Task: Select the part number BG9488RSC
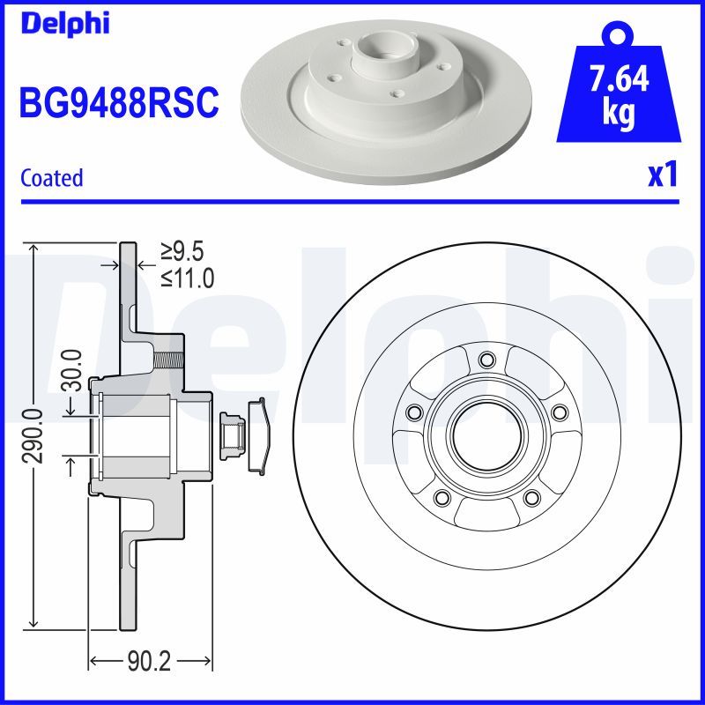(118, 102)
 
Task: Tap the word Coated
(51, 178)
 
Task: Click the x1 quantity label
(663, 175)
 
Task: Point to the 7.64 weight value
(619, 79)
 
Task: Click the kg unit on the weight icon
(619, 115)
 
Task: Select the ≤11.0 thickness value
(187, 278)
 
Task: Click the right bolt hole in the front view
(558, 412)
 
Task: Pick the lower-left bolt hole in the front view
(442, 498)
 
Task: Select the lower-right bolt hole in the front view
(531, 498)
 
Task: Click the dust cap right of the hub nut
(261, 434)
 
